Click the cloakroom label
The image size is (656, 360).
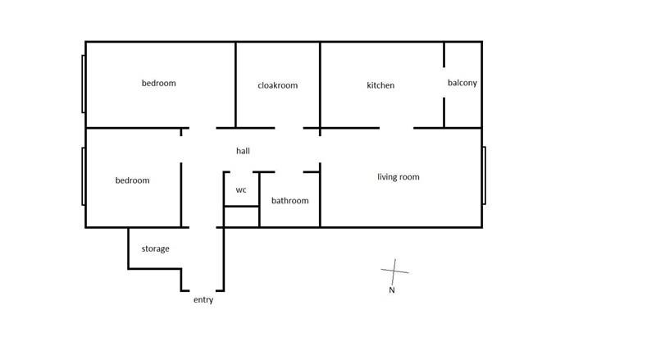pyautogui.click(x=278, y=85)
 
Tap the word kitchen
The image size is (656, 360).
pyautogui.click(x=380, y=85)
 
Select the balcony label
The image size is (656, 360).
pyautogui.click(x=462, y=83)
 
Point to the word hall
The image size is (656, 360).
pyautogui.click(x=243, y=151)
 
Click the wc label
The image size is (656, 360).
pyautogui.click(x=241, y=190)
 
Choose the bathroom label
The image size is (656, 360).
pyautogui.click(x=290, y=201)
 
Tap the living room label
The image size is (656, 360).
pyautogui.click(x=399, y=177)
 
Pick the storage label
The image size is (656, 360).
pyautogui.click(x=155, y=248)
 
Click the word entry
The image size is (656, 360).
pyautogui.click(x=203, y=299)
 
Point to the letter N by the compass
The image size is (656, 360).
pyautogui.click(x=392, y=289)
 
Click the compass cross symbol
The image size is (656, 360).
pyautogui.click(x=394, y=271)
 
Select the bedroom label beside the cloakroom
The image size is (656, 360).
pyautogui.click(x=158, y=83)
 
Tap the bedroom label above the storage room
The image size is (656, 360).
pyautogui.click(x=132, y=180)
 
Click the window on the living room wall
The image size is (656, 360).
pyautogui.click(x=484, y=175)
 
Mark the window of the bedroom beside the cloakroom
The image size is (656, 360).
pyautogui.click(x=84, y=84)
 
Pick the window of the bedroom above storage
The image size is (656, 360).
pyautogui.click(x=84, y=176)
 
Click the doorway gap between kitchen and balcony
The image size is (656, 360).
pyautogui.click(x=444, y=83)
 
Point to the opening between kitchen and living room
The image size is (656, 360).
pyautogui.click(x=397, y=128)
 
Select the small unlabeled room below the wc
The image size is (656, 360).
pyautogui.click(x=241, y=216)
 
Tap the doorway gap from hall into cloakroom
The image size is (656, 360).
pyautogui.click(x=289, y=128)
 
